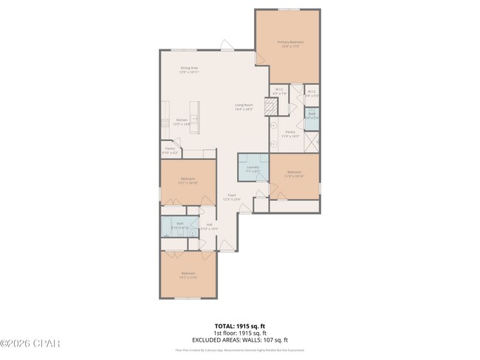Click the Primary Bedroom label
click(x=290, y=43)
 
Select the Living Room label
click(x=244, y=106)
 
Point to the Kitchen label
click(x=182, y=122)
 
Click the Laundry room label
click(x=253, y=169)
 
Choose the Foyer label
click(x=233, y=198)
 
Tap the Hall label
click(x=210, y=226)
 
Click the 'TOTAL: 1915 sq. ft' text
click(x=239, y=325)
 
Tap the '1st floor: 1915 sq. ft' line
click(x=239, y=332)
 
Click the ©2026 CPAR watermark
click(x=30, y=344)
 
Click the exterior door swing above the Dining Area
click(x=225, y=46)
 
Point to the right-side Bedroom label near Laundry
click(x=295, y=175)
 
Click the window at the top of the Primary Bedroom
click(x=288, y=10)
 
